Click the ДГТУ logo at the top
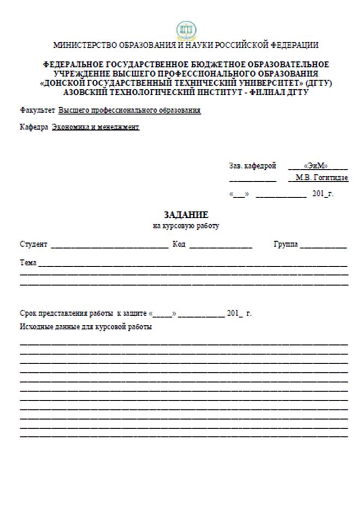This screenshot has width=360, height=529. click(186, 29)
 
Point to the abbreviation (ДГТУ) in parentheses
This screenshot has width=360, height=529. click(319, 83)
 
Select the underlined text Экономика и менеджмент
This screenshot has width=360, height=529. click(95, 127)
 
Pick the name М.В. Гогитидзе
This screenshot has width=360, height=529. click(322, 178)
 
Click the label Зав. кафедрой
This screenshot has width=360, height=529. click(252, 165)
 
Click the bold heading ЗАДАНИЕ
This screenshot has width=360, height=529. click(186, 215)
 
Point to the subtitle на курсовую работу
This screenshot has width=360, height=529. click(186, 226)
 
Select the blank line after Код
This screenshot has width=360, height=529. click(221, 246)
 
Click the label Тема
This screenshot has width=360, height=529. click(28, 263)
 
